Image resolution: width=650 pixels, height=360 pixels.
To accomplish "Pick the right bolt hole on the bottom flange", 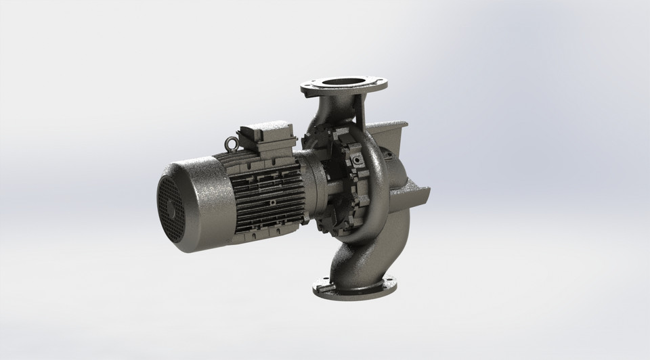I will coord(391,281).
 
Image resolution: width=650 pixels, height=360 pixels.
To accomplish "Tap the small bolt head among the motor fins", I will coord(272,201).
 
